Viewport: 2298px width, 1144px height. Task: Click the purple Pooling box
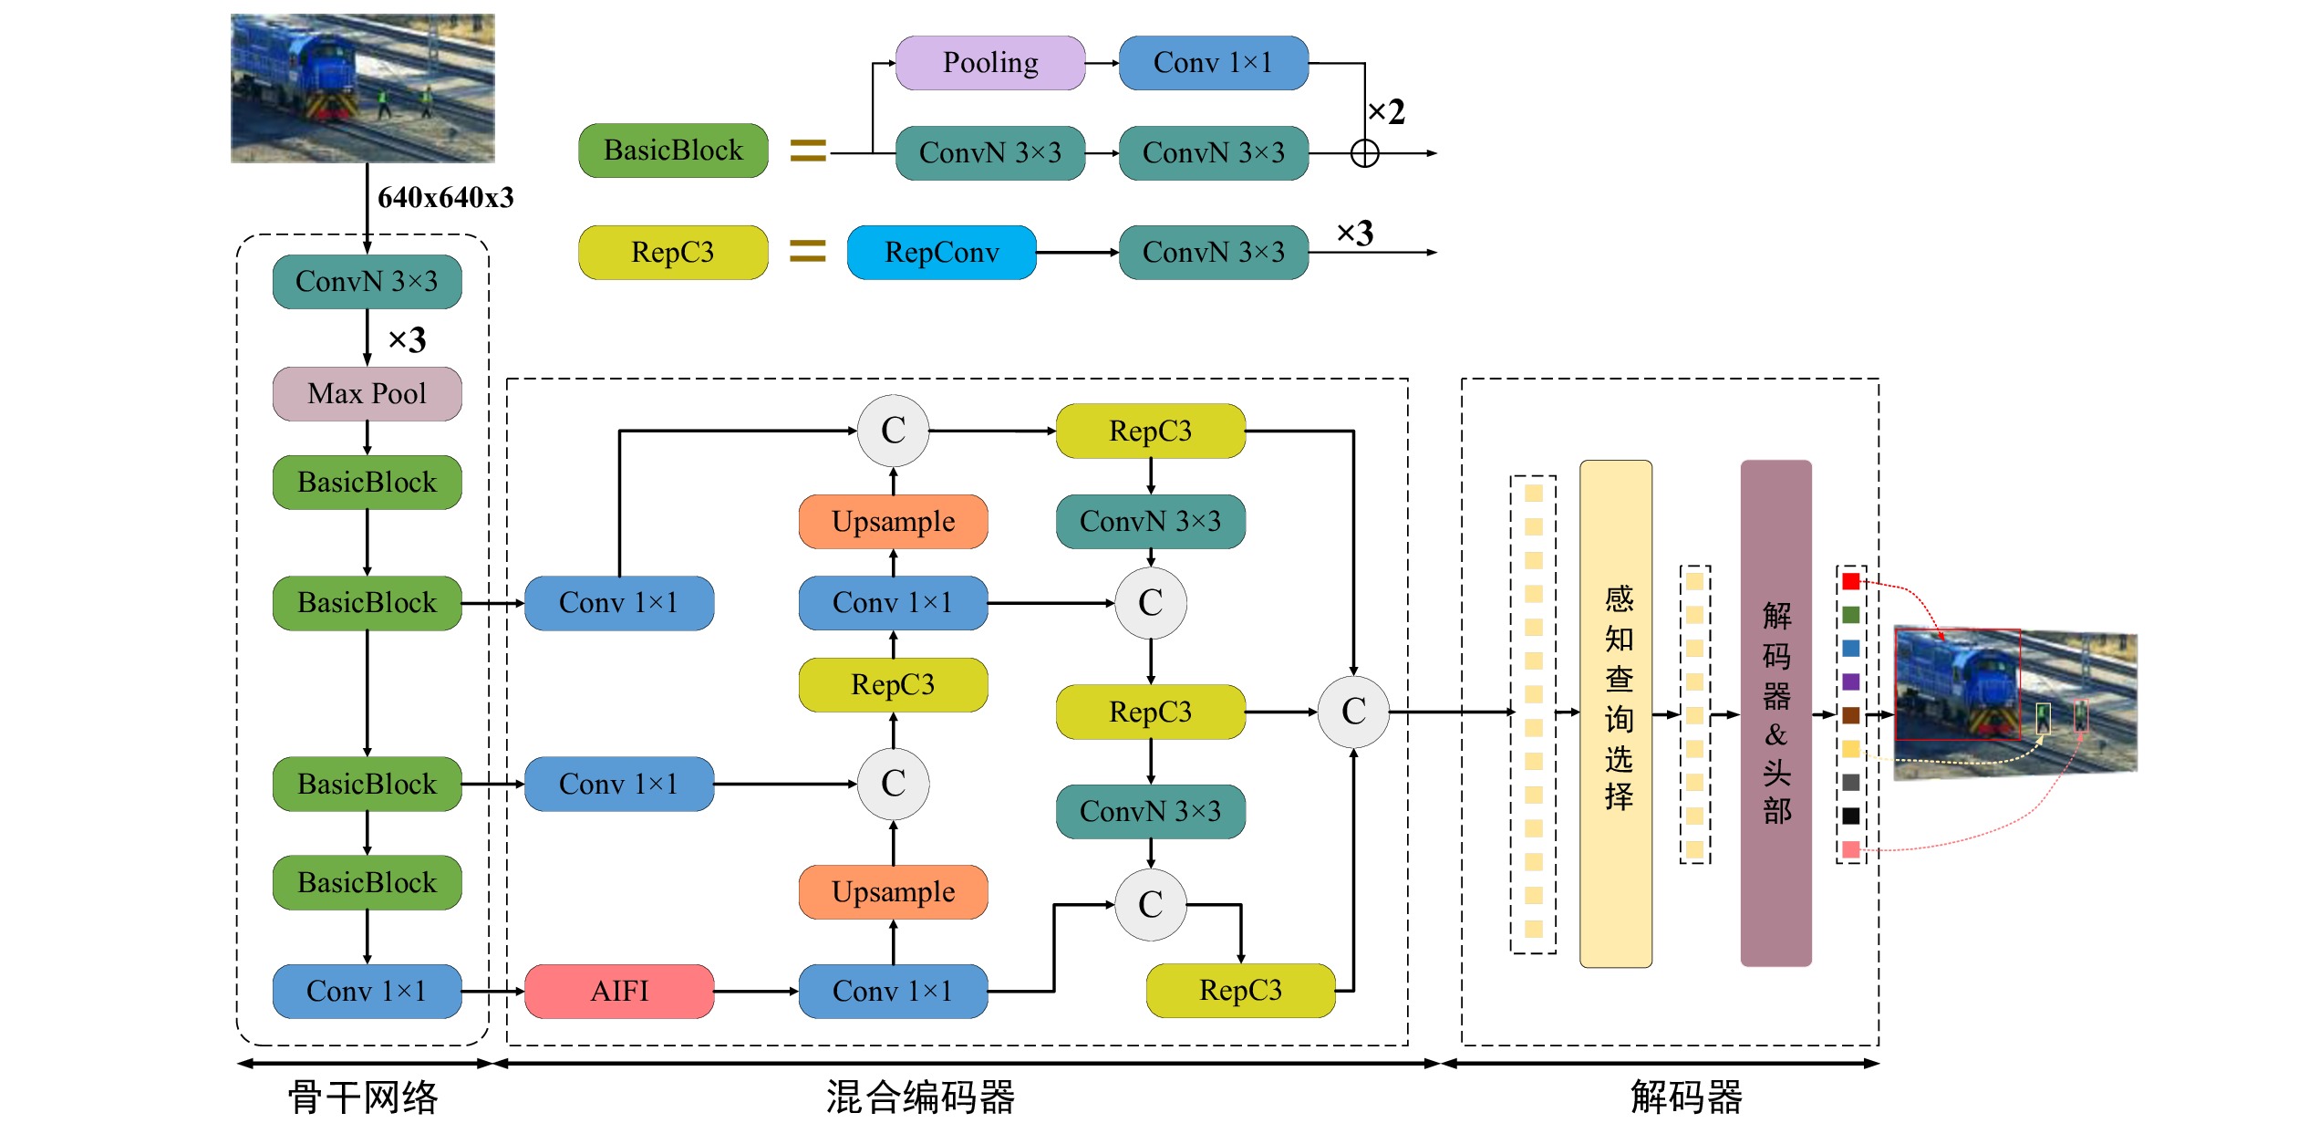[x=990, y=63]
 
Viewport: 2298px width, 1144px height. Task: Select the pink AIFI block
[x=619, y=991]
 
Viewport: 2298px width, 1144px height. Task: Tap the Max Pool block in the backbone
[x=367, y=394]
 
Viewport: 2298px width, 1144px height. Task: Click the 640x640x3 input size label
[x=445, y=198]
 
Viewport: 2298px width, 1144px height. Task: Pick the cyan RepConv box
[x=941, y=253]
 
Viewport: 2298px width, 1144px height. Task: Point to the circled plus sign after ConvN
[x=1364, y=153]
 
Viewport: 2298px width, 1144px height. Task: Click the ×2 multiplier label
[x=1386, y=112]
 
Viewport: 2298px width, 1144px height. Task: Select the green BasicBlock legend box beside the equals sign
[x=673, y=151]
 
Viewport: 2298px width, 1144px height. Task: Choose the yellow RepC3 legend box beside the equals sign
[x=673, y=253]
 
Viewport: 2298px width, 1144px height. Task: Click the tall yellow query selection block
[x=1616, y=713]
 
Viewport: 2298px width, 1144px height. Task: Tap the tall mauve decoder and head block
[x=1775, y=713]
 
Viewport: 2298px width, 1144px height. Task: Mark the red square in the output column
[x=1851, y=581]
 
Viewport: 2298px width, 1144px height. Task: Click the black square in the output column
[x=1851, y=816]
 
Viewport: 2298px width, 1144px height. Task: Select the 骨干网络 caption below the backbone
[x=363, y=1097]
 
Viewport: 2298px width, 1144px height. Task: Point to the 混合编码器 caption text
[x=921, y=1097]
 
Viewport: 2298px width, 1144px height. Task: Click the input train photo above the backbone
[x=363, y=88]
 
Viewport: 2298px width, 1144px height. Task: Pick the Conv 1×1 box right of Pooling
[x=1213, y=63]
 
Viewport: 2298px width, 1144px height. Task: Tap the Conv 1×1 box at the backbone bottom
[x=367, y=991]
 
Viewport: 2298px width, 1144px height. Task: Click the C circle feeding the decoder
[x=1353, y=712]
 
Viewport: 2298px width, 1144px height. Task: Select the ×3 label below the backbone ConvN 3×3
[x=407, y=340]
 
